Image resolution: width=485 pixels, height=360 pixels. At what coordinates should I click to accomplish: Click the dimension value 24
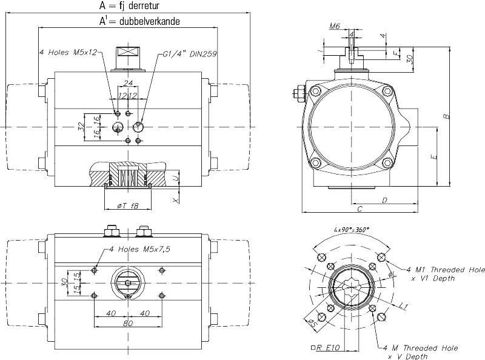click(x=128, y=83)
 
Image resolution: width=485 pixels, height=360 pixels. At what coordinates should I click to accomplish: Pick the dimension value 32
click(x=81, y=126)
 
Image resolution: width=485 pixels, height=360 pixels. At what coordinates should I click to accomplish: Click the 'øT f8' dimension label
click(x=127, y=206)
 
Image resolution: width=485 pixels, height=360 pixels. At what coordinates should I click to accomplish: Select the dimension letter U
click(x=175, y=178)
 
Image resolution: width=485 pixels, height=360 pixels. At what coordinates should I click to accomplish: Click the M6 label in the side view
click(x=334, y=26)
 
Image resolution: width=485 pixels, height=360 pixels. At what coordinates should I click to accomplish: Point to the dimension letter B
click(x=445, y=116)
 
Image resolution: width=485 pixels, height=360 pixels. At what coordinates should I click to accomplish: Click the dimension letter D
click(x=384, y=199)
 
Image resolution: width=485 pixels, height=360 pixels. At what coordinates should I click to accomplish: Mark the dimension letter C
click(x=360, y=209)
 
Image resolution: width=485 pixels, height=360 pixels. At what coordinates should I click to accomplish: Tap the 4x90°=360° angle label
click(x=352, y=230)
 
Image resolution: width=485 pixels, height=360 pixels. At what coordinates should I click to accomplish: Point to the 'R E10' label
click(x=327, y=348)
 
